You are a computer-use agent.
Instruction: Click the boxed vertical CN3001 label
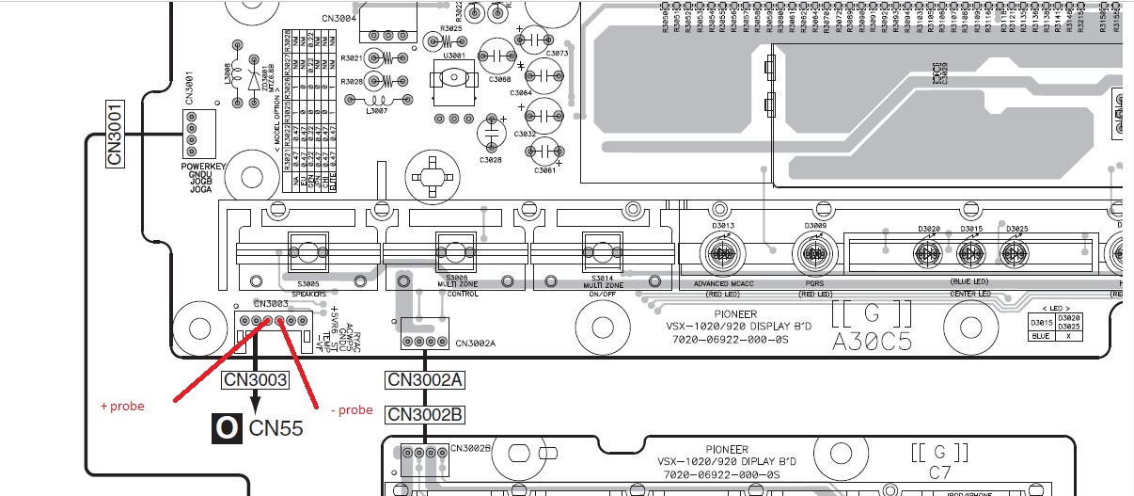point(116,134)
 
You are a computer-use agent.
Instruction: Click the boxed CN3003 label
point(255,380)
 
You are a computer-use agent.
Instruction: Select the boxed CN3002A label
point(424,380)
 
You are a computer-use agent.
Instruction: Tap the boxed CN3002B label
point(424,414)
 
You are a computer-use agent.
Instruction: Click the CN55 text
point(276,429)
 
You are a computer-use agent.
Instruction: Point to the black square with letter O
point(226,428)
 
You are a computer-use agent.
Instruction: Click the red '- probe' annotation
point(353,409)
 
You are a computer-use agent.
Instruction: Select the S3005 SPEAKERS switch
point(307,252)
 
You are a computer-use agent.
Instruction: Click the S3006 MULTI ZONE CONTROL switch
point(456,251)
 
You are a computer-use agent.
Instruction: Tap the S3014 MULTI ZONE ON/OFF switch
point(597,251)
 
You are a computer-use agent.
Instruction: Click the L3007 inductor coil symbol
point(383,101)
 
